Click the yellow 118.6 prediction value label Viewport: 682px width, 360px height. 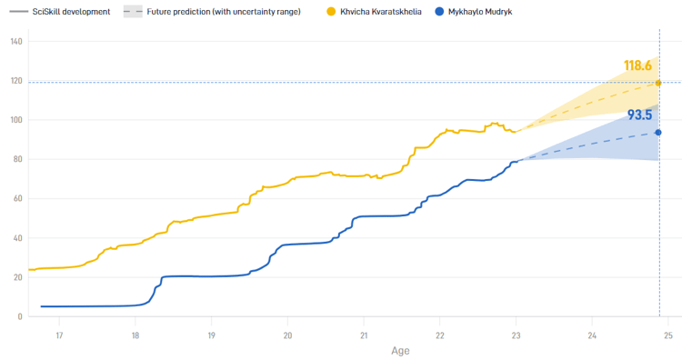tap(638, 65)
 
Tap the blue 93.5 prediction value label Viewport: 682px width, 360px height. tap(640, 115)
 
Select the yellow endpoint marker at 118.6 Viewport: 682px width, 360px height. tap(658, 83)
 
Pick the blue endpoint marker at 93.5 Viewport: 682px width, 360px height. tap(658, 133)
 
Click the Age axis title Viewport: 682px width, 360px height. tap(400, 350)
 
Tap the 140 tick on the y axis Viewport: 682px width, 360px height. tap(16, 42)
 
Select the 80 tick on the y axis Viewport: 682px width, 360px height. tap(18, 160)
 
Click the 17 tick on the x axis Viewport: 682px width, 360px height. tap(59, 334)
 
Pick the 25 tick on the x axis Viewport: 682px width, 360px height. tap(667, 334)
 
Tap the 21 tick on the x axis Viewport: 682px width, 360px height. tap(364, 334)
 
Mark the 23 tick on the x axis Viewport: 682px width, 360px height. tap(516, 334)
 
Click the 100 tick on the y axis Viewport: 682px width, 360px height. tap(16, 120)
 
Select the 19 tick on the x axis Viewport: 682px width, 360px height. tap(211, 334)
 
